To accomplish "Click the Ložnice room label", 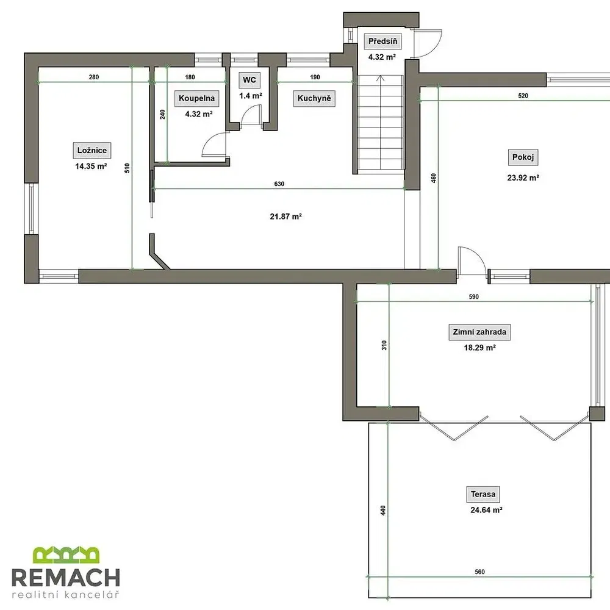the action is [x=92, y=151].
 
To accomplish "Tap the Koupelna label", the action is [x=196, y=98].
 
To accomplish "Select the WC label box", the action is [x=249, y=80].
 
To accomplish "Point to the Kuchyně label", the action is [x=314, y=98].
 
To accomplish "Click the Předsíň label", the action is [x=383, y=41].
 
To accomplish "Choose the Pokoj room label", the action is [x=523, y=157].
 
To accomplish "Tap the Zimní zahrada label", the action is [x=479, y=332].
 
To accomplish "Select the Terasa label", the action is [x=483, y=495].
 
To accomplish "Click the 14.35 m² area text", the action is [x=91, y=167].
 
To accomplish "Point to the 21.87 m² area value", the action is [x=286, y=217].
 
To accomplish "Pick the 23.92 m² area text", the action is [x=523, y=178].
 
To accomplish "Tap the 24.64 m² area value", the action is [x=486, y=509].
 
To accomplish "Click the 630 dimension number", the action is [x=279, y=184].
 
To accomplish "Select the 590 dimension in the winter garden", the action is [x=474, y=297].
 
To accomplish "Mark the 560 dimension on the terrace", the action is [x=479, y=572].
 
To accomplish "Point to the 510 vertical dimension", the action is [x=127, y=168].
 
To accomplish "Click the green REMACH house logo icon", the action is [x=66, y=554].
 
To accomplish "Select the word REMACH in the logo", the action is [x=66, y=577].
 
